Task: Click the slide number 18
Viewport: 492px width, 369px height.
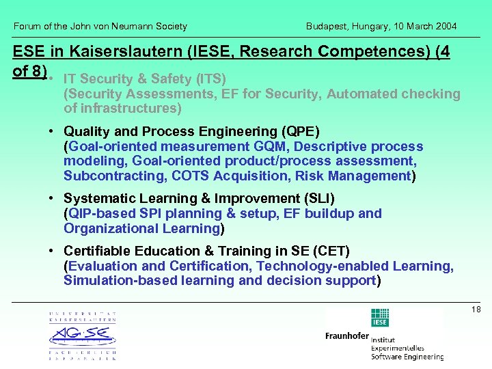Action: tap(476, 310)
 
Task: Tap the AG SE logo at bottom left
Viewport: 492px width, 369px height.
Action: tap(82, 336)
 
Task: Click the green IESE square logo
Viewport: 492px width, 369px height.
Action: tap(380, 318)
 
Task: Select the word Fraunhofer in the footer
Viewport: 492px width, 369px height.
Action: tap(347, 336)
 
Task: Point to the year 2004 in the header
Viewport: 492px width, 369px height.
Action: tap(445, 26)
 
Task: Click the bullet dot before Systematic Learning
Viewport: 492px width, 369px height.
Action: tap(52, 199)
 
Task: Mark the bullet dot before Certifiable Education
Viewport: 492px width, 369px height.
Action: tap(52, 251)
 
